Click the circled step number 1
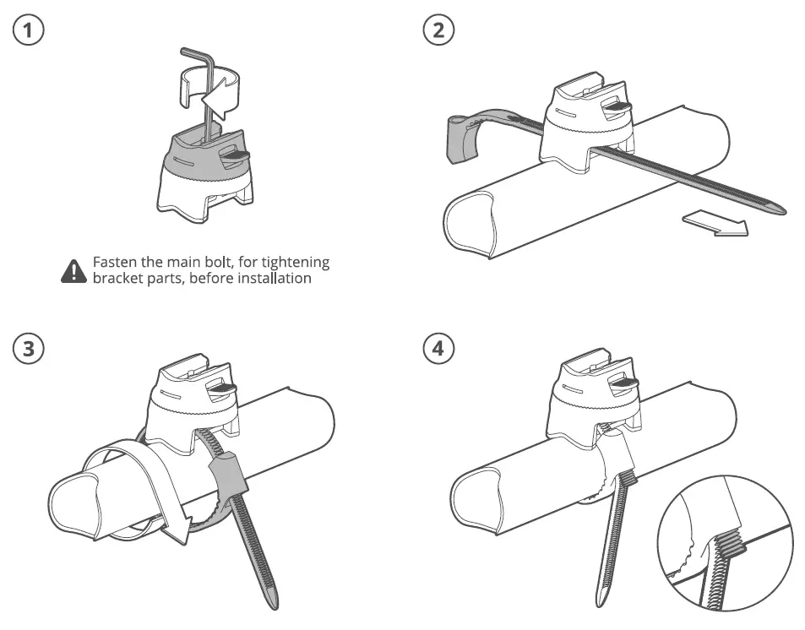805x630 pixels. click(x=29, y=31)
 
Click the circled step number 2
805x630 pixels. click(x=438, y=31)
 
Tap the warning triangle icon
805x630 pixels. click(x=74, y=270)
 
